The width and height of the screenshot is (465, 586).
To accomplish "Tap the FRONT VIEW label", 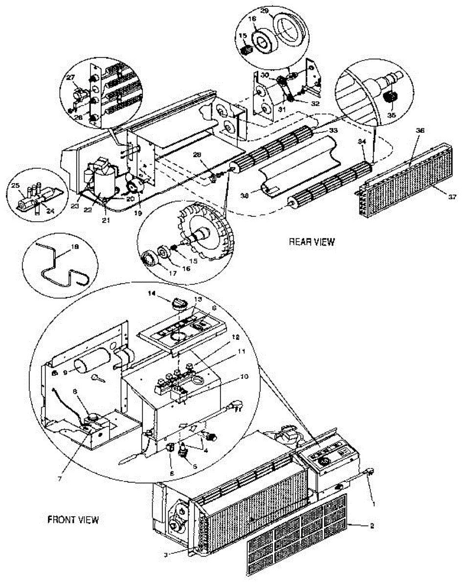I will [x=73, y=520].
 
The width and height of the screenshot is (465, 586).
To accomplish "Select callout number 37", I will [x=452, y=197].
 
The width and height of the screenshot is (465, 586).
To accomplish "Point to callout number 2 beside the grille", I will [x=372, y=526].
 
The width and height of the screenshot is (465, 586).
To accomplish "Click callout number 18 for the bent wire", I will [x=74, y=248].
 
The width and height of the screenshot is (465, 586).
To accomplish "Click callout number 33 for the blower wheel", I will [x=333, y=131].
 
